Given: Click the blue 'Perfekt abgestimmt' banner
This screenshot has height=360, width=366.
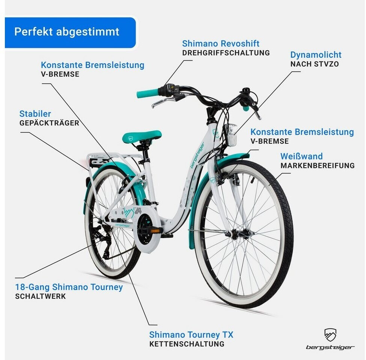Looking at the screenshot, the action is pos(70,32).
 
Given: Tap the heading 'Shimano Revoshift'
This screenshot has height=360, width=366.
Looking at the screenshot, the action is pos(220,43).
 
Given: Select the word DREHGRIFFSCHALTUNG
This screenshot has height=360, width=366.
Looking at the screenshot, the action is pos(226,53).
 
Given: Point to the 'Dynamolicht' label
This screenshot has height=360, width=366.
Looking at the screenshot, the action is pos(316,55).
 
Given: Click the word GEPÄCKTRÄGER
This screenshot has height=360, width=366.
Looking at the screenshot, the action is pos(49,123).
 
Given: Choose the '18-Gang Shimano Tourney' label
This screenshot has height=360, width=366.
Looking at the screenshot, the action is pos(69,287).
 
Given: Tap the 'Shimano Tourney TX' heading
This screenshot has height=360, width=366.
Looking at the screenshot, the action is pos(191,334).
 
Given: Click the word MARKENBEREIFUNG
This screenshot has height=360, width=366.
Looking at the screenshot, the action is pos(317,165).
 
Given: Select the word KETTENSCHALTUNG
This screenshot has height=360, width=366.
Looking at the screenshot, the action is pos(187,344).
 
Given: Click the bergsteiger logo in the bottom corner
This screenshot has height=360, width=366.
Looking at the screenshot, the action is pos(330,339).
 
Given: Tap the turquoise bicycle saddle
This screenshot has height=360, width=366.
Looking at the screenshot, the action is pos(142,136).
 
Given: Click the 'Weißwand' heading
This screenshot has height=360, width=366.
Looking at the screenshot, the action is pos(301,156).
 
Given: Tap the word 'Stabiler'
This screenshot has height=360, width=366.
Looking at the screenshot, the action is pos(35,114).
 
